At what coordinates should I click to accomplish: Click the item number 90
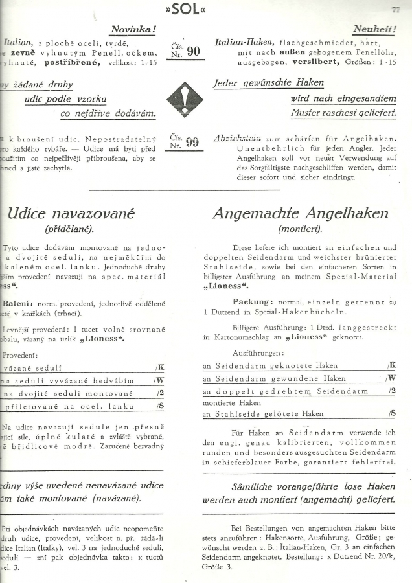[193, 51]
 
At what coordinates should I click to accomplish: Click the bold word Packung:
[253, 302]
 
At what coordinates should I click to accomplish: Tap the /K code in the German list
[391, 365]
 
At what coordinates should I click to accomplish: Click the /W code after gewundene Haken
[391, 378]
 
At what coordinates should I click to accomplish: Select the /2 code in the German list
[392, 391]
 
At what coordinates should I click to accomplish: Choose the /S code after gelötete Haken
[391, 413]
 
